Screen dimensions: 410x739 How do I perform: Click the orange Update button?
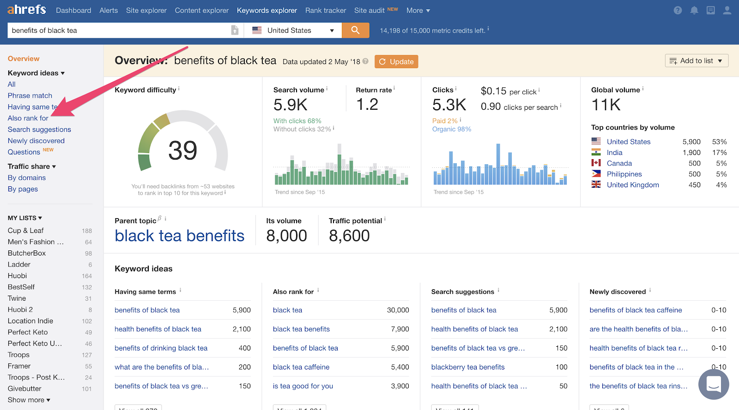coord(396,62)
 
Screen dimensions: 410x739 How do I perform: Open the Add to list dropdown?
coord(696,61)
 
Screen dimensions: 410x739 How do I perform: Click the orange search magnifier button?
coord(355,30)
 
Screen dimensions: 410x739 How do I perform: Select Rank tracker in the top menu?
coord(325,10)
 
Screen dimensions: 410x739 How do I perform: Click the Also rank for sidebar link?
coord(28,118)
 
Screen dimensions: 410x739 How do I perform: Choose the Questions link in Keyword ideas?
coord(24,152)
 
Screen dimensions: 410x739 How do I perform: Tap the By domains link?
coord(27,178)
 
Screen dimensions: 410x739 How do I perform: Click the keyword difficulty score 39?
coord(182,150)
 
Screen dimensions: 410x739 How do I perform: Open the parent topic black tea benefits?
coord(179,236)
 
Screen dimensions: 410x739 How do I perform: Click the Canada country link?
coord(619,163)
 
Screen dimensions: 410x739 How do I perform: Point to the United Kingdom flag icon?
coord(596,184)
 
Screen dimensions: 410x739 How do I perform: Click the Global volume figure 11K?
coord(606,105)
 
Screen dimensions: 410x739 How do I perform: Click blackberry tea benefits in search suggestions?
coord(467,367)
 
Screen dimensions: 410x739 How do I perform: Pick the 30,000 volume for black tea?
coord(398,310)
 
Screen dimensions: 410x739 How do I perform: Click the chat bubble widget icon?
coord(713,384)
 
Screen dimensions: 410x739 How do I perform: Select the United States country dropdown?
coord(293,30)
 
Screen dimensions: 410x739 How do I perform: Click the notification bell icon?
coord(694,10)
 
